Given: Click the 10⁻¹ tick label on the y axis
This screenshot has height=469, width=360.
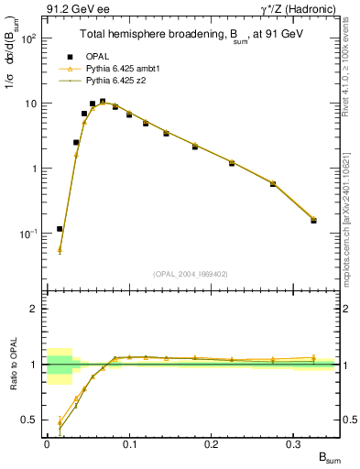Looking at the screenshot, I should pyautogui.click(x=29, y=234).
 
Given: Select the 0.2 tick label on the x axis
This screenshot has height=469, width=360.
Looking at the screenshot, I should pyautogui.click(x=212, y=442).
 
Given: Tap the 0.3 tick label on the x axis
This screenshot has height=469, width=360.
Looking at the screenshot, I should pyautogui.click(x=294, y=442).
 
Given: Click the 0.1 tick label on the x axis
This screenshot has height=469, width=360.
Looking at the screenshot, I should pyautogui.click(x=129, y=442).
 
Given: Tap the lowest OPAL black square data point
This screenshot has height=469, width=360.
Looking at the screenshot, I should pyautogui.click(x=60, y=229).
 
